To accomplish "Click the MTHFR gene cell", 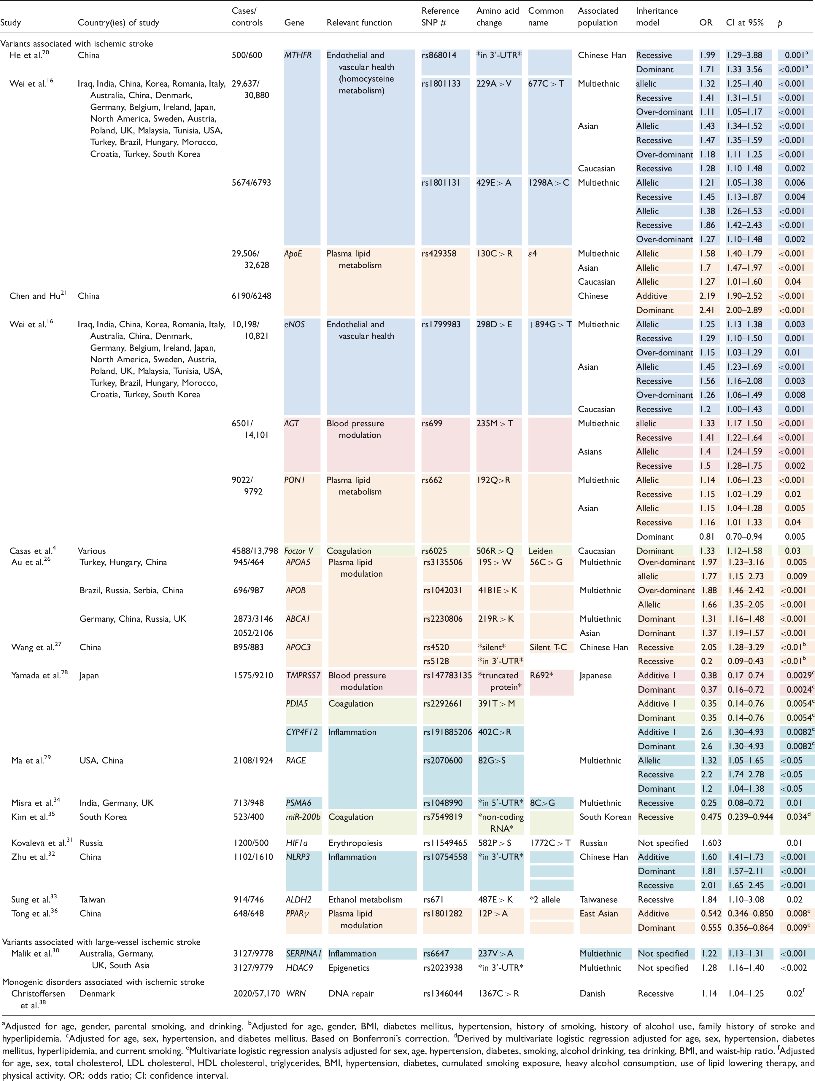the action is coord(298,55).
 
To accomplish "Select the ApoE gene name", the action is coord(293,253).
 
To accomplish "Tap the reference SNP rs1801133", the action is coord(441,84).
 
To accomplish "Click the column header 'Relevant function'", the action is coord(359,23).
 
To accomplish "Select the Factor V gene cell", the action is coord(299,551).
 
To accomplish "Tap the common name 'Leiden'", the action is coord(540,551).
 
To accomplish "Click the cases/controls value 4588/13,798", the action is coord(255,551).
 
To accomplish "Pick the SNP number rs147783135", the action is coord(447,675).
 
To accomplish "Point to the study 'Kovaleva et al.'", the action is coord(39,843).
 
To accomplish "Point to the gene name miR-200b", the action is coord(303,817).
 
